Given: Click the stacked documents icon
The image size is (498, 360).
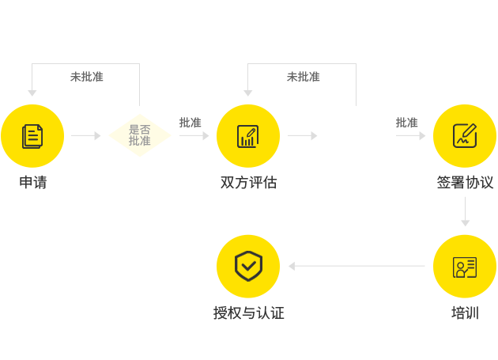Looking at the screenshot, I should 32,135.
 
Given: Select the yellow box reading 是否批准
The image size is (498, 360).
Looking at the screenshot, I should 140,135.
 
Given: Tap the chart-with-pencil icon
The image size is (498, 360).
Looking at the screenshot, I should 247,135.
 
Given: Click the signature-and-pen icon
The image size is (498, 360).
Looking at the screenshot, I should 464,135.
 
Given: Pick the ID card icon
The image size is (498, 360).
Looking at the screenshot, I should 464,267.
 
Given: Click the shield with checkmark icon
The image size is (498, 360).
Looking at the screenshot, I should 248,266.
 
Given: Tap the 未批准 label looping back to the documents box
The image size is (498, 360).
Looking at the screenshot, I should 86,77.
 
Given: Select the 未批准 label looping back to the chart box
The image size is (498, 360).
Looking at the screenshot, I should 303,77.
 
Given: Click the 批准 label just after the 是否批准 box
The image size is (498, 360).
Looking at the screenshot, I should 190,123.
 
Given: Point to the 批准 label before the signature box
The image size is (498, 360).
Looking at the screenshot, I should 406,123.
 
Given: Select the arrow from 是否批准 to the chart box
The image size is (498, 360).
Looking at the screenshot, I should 194,136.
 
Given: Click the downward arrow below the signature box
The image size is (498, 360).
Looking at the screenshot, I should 465,212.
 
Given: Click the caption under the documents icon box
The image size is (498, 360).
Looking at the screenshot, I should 32,183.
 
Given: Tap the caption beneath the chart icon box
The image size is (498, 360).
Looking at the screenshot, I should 248,183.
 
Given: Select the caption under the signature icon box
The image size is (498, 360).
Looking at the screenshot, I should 465,183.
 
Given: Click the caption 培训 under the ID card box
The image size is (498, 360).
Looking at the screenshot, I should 465,313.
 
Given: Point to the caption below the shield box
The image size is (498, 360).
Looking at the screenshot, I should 248,313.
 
